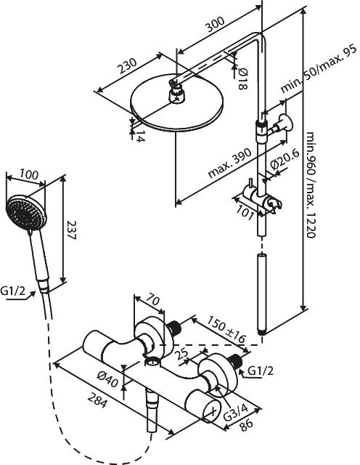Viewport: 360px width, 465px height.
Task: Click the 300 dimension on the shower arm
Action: (x=216, y=24)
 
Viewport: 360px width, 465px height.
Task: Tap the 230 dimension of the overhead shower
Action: (x=128, y=66)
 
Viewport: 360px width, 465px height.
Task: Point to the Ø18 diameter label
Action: (x=242, y=78)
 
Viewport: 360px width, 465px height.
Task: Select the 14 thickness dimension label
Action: (x=141, y=136)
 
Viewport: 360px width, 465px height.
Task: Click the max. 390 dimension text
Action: (x=229, y=162)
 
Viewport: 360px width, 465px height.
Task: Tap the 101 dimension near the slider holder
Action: (x=245, y=212)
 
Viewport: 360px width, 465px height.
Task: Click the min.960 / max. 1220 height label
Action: (x=311, y=185)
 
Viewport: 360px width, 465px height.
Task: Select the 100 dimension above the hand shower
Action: (x=29, y=174)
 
